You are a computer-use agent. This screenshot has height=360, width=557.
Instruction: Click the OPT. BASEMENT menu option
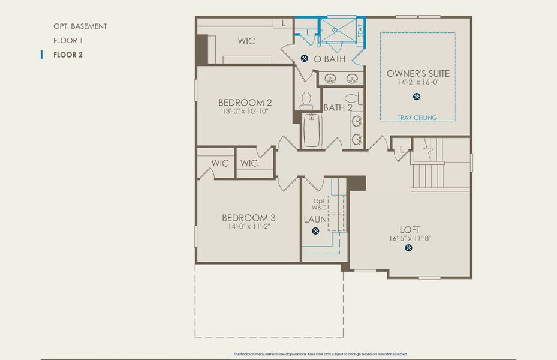80,26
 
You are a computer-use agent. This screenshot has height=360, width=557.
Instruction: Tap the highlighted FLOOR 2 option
67,55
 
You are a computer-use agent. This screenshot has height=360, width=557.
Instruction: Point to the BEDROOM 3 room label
248,218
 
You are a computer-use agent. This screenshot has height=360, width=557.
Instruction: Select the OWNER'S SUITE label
417,73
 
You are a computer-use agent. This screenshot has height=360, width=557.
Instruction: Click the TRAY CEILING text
417,118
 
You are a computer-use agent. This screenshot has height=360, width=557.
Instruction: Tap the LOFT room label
410,229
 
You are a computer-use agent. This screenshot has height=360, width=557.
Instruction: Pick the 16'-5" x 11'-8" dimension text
410,238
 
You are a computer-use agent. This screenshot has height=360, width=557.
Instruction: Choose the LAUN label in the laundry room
315,220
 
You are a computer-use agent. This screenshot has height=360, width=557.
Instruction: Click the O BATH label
329,59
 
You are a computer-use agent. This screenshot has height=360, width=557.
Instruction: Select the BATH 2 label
338,107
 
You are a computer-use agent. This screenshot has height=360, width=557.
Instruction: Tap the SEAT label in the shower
360,31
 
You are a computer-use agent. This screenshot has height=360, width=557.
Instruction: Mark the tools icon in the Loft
410,248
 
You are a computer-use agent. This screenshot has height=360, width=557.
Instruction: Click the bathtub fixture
311,131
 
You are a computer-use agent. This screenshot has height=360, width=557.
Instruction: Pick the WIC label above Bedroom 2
246,41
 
